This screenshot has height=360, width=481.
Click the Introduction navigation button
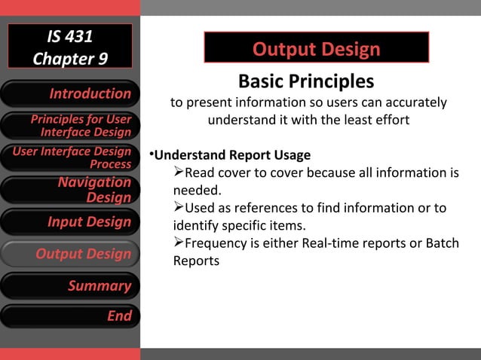point(70,93)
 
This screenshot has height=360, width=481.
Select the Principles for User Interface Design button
point(70,126)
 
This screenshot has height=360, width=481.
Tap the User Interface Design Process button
point(70,157)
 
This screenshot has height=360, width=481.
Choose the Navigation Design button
point(70,190)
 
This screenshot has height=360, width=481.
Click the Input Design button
point(70,221)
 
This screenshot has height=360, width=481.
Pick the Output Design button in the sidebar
point(70,254)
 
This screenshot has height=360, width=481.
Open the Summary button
point(70,285)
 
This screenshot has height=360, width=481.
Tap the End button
point(70,316)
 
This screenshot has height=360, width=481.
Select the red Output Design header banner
point(316,50)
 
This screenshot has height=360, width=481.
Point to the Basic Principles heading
point(305,81)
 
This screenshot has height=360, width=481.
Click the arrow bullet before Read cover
point(179,173)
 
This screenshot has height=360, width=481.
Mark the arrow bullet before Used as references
point(179,208)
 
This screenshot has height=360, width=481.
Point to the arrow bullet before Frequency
point(179,243)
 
